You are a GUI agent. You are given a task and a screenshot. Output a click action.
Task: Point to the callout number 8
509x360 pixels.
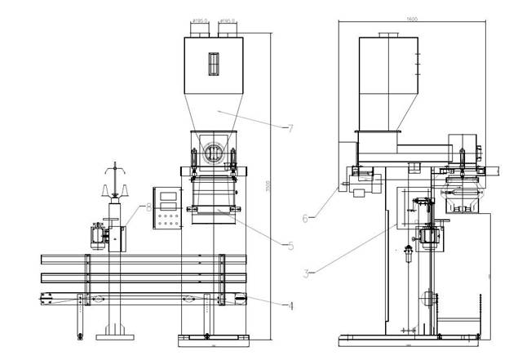coord(148,207)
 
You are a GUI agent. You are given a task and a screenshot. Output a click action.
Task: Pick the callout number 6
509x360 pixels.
coord(305,218)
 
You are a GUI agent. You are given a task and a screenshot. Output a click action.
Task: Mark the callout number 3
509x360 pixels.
coord(305,273)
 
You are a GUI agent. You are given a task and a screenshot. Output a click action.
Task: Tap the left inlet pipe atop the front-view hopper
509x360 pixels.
coord(199,29)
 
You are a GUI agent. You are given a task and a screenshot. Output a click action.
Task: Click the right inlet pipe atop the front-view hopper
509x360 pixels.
coord(228,29)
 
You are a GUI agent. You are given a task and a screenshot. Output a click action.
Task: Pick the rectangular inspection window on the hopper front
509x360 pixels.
coord(214,64)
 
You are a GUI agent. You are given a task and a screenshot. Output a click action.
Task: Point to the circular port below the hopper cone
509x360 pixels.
coord(214,151)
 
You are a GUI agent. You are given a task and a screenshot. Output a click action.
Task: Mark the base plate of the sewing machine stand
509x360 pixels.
coord(113,336)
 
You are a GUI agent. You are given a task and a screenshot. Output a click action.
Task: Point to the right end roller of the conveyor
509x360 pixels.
coord(240,300)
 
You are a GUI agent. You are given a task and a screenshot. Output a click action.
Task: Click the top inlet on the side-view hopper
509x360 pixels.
coord(388,34)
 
